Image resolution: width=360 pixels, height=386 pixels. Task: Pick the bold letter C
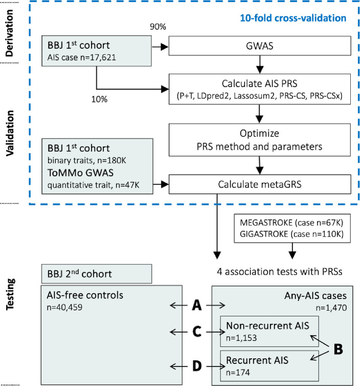click(x=196, y=332)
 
